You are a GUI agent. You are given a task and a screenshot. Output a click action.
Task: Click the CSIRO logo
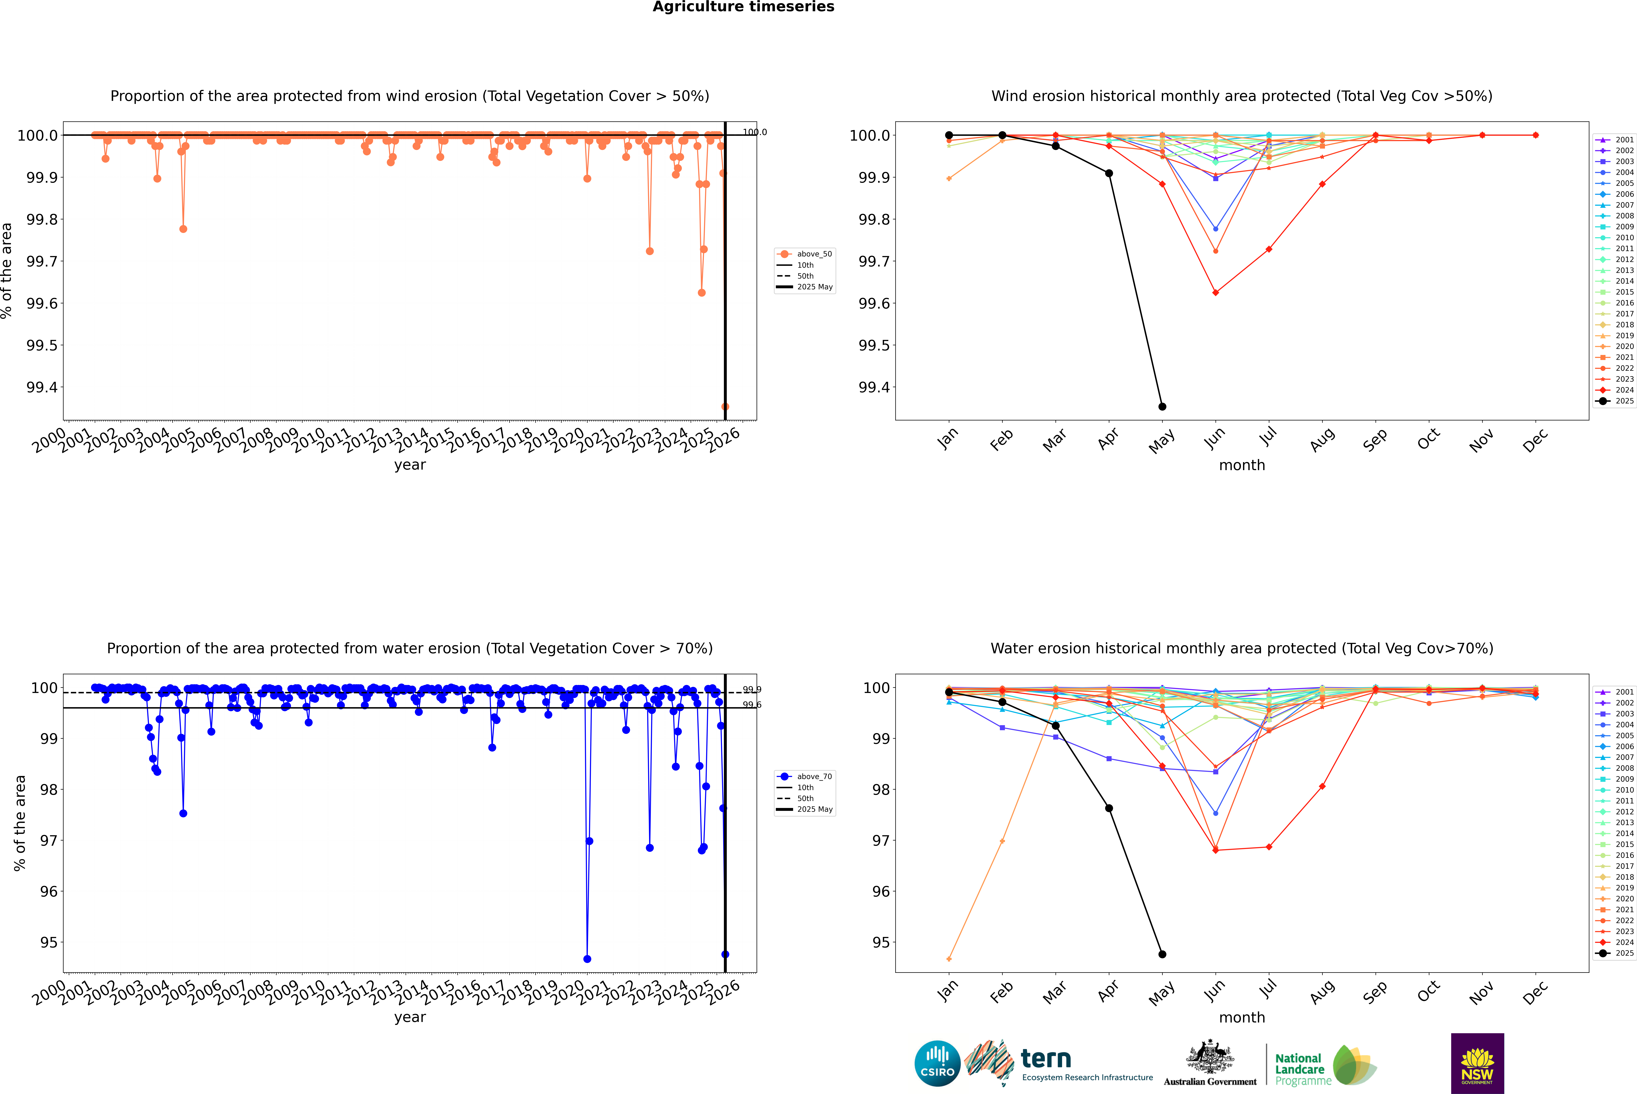click(x=937, y=1063)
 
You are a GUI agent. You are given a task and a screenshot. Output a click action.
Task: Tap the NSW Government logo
click(x=1477, y=1063)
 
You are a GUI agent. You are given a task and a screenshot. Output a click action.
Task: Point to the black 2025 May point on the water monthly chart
click(x=1162, y=954)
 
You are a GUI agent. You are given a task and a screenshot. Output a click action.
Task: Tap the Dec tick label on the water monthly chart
click(x=1535, y=992)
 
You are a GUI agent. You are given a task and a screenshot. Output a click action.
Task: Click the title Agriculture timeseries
click(x=743, y=7)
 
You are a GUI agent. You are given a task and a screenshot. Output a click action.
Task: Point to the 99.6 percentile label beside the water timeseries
click(x=752, y=705)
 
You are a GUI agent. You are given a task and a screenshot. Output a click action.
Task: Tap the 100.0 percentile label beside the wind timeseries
click(x=754, y=132)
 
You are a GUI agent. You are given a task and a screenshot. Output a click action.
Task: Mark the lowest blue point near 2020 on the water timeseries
click(x=587, y=959)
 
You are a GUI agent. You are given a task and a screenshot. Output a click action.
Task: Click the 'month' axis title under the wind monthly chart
click(x=1241, y=465)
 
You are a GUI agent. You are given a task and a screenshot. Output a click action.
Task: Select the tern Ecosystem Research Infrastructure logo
click(x=1059, y=1063)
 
